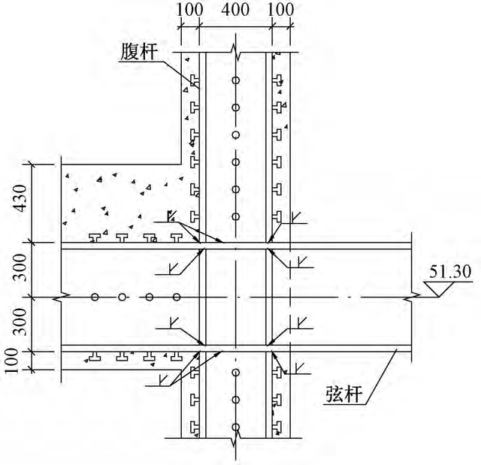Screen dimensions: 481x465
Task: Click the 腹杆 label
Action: click(139, 51)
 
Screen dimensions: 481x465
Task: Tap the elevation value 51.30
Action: click(450, 272)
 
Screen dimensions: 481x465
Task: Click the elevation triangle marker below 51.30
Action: click(439, 288)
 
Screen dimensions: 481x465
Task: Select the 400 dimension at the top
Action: click(235, 9)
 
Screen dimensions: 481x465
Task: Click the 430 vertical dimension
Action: click(22, 198)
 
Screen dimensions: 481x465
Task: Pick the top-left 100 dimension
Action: click(189, 9)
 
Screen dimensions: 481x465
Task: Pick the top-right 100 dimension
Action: click(280, 9)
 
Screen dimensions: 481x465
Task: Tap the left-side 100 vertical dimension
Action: click(12, 361)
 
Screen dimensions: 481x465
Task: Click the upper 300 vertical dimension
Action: click(22, 267)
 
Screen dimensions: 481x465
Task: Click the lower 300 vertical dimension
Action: click(22, 322)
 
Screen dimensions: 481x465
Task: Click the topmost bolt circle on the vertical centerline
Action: click(235, 80)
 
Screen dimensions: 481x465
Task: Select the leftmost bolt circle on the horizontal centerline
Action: click(95, 297)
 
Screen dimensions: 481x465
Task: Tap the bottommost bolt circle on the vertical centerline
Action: click(235, 427)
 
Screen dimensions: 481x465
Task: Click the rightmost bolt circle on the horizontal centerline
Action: click(177, 297)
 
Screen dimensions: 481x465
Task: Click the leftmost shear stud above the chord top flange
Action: click(95, 238)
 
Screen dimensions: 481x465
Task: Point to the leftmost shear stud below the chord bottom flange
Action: click(95, 356)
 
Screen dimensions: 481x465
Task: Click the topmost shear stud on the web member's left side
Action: click(195, 80)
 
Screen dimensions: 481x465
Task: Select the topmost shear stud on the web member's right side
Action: click(277, 80)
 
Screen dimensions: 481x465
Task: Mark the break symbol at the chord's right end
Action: click(412, 297)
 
